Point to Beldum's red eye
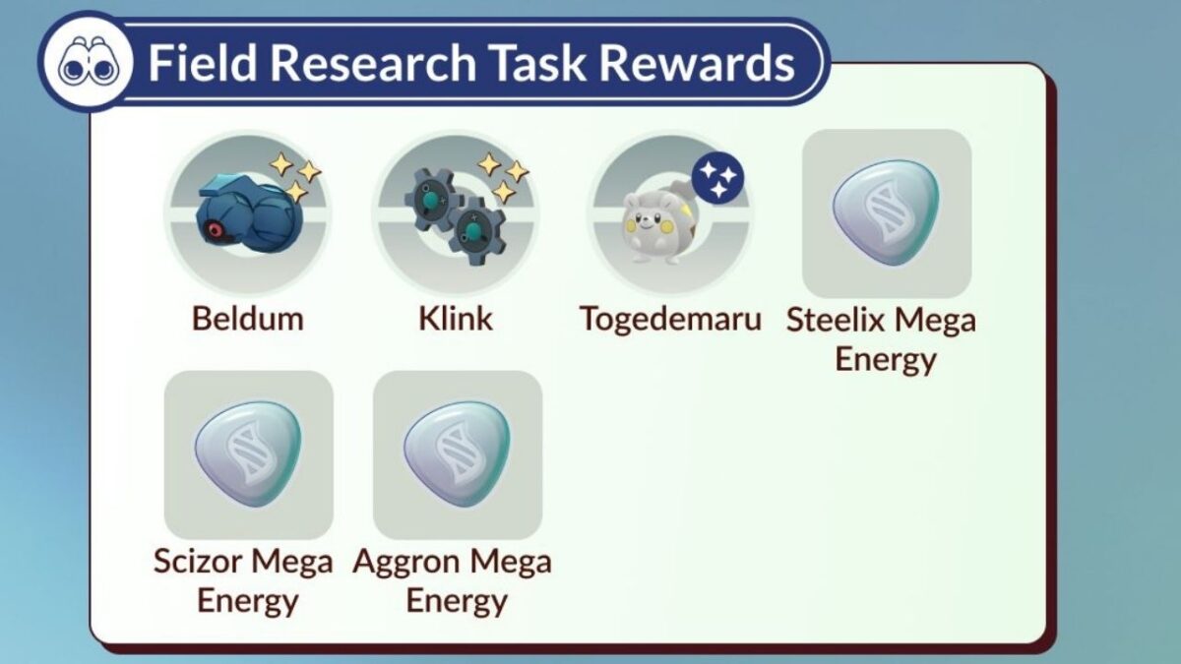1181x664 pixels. [x=213, y=231]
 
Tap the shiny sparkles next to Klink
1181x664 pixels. [x=503, y=176]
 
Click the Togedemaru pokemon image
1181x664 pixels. [x=657, y=225]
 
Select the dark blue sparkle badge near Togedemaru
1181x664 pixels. [x=717, y=177]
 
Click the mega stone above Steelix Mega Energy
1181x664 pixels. [x=886, y=212]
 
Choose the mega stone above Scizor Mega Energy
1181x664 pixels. [x=247, y=453]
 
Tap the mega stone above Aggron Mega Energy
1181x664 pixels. [x=457, y=453]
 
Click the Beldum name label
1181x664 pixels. [x=247, y=318]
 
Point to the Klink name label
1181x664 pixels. [x=455, y=318]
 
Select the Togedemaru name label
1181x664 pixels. [x=669, y=319]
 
